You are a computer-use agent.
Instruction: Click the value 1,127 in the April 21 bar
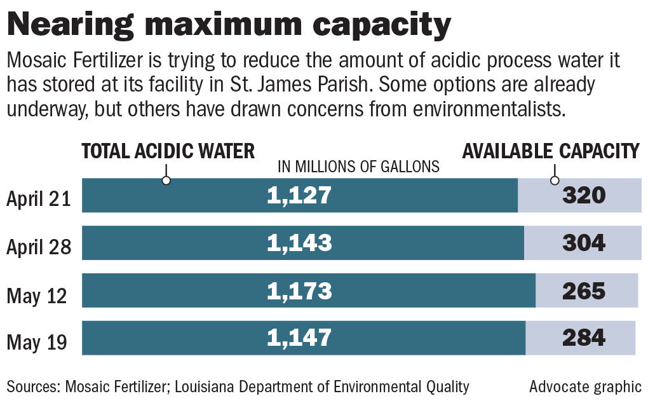click(299, 195)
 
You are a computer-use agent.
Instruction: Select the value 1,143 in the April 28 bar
click(299, 243)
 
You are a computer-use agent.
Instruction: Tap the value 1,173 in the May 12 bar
click(299, 290)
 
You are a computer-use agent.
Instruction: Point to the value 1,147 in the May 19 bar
click(299, 338)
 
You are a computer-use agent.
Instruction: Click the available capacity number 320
click(584, 195)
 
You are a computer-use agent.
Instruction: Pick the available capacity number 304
click(584, 243)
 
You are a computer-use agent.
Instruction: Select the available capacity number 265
click(584, 290)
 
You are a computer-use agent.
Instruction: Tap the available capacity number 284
click(584, 338)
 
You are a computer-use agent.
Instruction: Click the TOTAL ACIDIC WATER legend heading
click(168, 151)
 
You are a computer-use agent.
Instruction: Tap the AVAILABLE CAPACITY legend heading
click(550, 151)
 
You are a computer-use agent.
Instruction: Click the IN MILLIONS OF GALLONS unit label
click(358, 167)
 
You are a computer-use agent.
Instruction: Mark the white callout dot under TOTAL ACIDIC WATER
click(166, 181)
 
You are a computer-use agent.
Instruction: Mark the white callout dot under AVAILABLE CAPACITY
click(555, 181)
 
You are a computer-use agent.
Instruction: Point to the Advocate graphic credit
click(585, 386)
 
